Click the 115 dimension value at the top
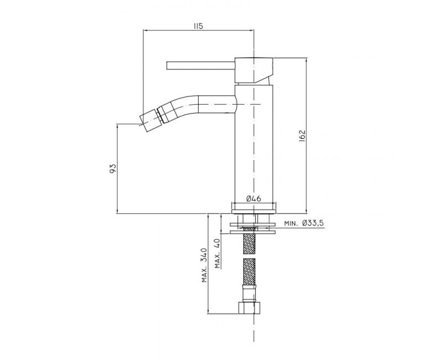tap(198, 26)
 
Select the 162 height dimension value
tap(302, 135)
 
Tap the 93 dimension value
tap(113, 168)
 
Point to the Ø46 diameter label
tap(254, 198)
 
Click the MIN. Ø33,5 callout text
tap(304, 223)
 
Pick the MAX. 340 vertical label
tap(204, 265)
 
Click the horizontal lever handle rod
tap(200, 65)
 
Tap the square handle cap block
tap(254, 70)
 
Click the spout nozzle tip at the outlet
tap(149, 120)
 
